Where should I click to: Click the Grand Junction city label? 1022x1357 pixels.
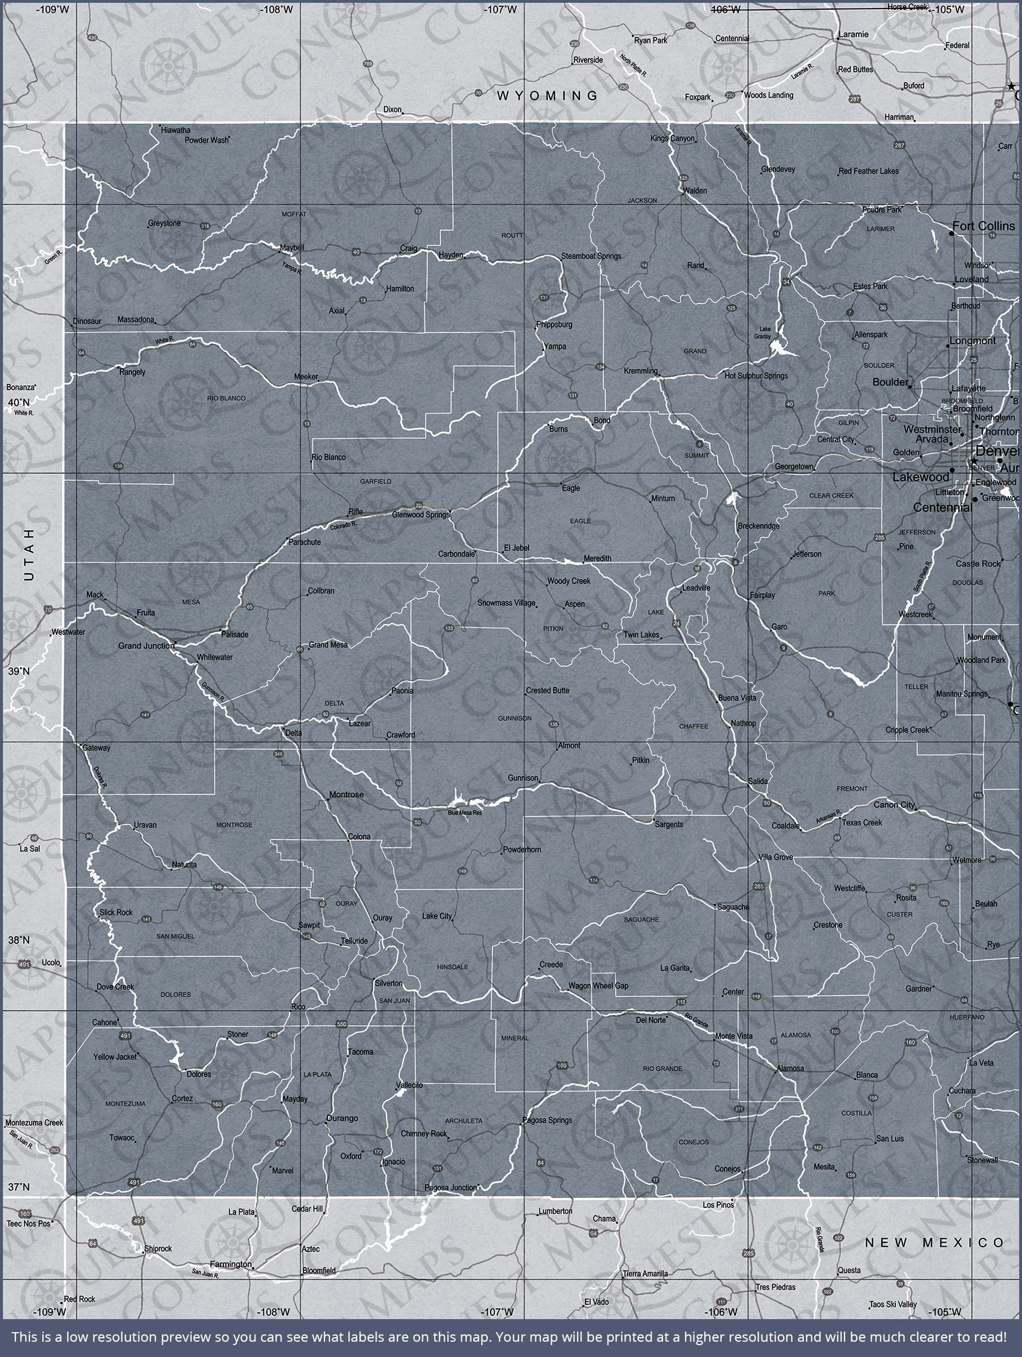[x=146, y=645]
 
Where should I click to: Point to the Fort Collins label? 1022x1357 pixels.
[x=984, y=226]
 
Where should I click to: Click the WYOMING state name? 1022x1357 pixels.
[x=547, y=95]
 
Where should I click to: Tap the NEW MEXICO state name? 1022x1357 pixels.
[x=934, y=1242]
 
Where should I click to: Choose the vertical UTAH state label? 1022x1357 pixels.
[x=29, y=555]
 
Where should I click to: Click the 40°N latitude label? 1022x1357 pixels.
[x=19, y=403]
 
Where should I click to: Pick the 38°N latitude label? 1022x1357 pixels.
[x=19, y=939]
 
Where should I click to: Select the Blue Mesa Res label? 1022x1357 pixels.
[x=465, y=813]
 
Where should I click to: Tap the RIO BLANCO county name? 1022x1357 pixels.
[x=226, y=398]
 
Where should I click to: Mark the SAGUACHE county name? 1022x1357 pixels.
[x=641, y=919]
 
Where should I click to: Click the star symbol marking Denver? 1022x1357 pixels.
[x=973, y=461]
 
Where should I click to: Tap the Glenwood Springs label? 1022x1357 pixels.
[x=421, y=514]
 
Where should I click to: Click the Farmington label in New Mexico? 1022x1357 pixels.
[x=231, y=1264]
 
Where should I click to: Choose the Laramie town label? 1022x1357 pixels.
[x=854, y=34]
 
